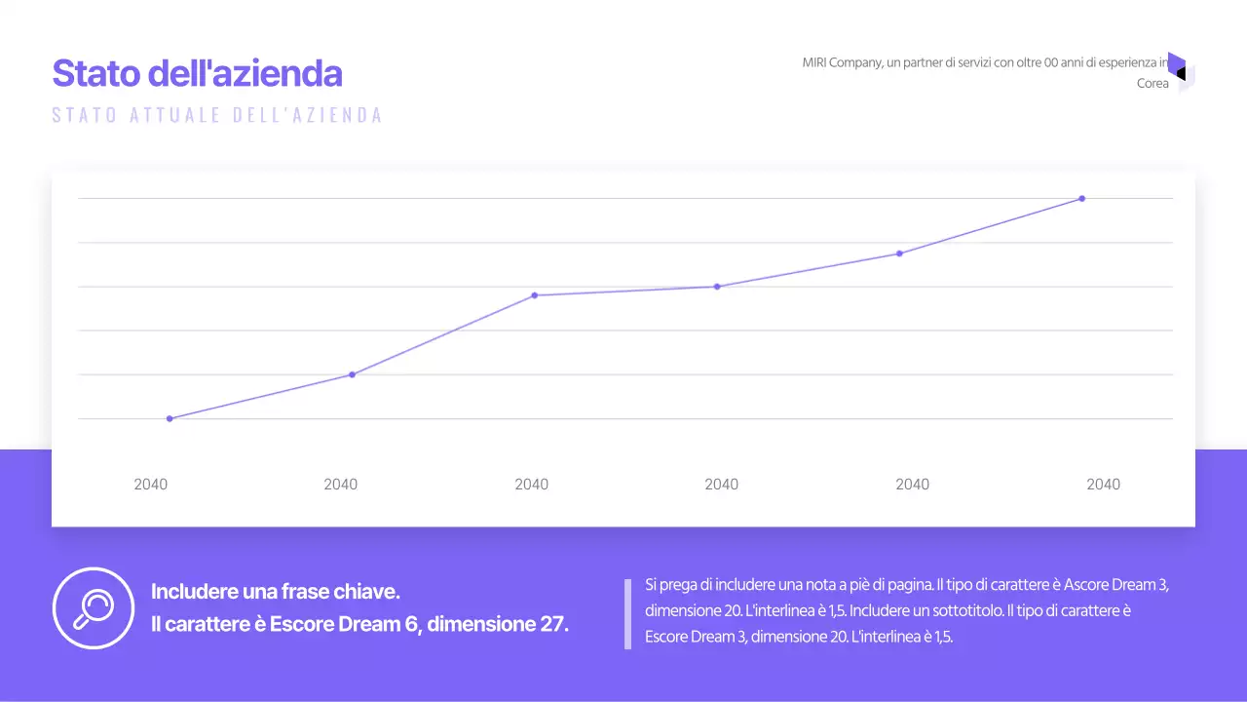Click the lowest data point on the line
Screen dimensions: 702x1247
pyautogui.click(x=170, y=418)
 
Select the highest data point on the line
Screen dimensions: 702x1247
pyautogui.click(x=1081, y=199)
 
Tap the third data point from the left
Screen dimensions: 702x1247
pyautogui.click(x=534, y=295)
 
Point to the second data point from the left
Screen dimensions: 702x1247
pyautogui.click(x=352, y=374)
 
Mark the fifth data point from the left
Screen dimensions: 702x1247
pyautogui.click(x=899, y=253)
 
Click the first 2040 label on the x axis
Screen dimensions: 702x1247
pyautogui.click(x=150, y=485)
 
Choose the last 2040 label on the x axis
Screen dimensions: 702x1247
pyautogui.click(x=1103, y=485)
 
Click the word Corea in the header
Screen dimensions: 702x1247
pyautogui.click(x=1153, y=84)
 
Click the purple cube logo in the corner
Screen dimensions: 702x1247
pyautogui.click(x=1180, y=71)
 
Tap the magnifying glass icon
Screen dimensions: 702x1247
pyautogui.click(x=94, y=607)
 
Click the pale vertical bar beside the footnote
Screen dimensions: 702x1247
pyautogui.click(x=627, y=614)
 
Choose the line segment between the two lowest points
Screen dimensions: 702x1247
pyautogui.click(x=261, y=397)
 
